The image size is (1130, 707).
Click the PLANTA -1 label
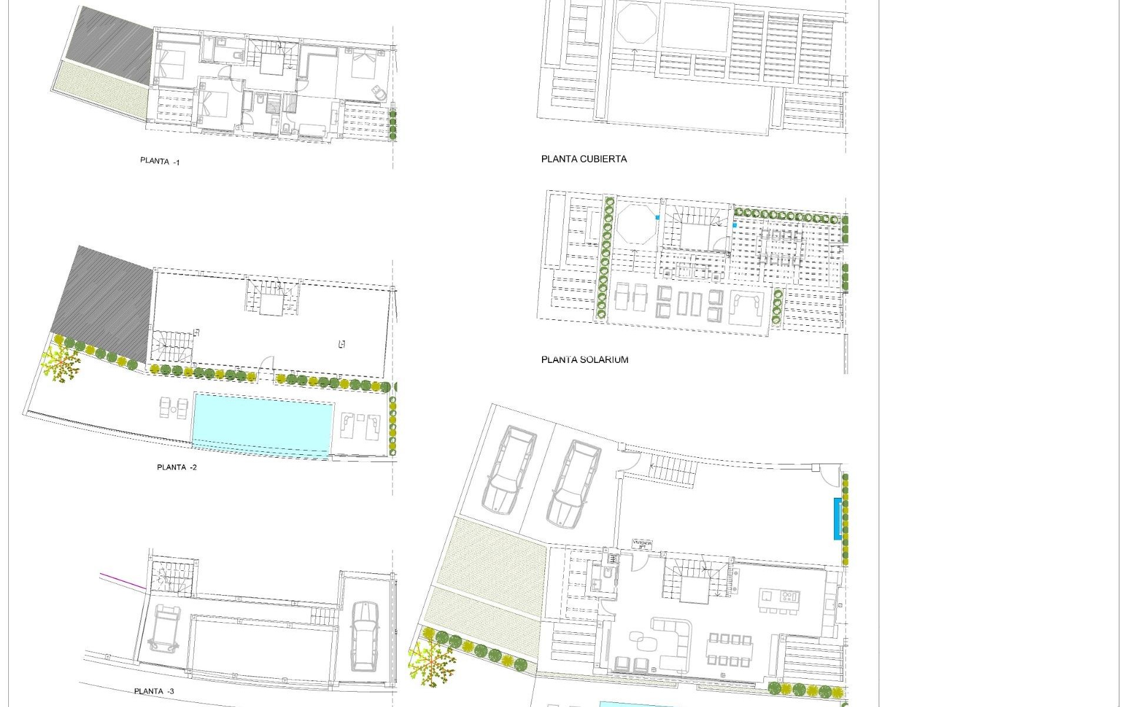[x=159, y=161]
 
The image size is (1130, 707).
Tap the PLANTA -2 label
[x=177, y=467]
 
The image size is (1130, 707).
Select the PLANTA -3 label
[x=154, y=691]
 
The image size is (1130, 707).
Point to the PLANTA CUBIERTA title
[x=584, y=159]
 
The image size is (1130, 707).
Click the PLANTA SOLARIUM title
[x=584, y=359]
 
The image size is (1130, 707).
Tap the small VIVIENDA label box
[x=642, y=544]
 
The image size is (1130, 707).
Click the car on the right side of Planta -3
[x=365, y=636]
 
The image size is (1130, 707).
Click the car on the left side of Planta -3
[x=163, y=628]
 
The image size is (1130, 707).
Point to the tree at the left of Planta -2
[x=61, y=364]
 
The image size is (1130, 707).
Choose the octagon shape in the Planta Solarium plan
[x=636, y=224]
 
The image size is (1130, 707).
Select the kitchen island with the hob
[x=780, y=599]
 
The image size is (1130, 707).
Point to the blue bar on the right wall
[x=837, y=518]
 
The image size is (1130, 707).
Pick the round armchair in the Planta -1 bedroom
[x=378, y=93]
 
